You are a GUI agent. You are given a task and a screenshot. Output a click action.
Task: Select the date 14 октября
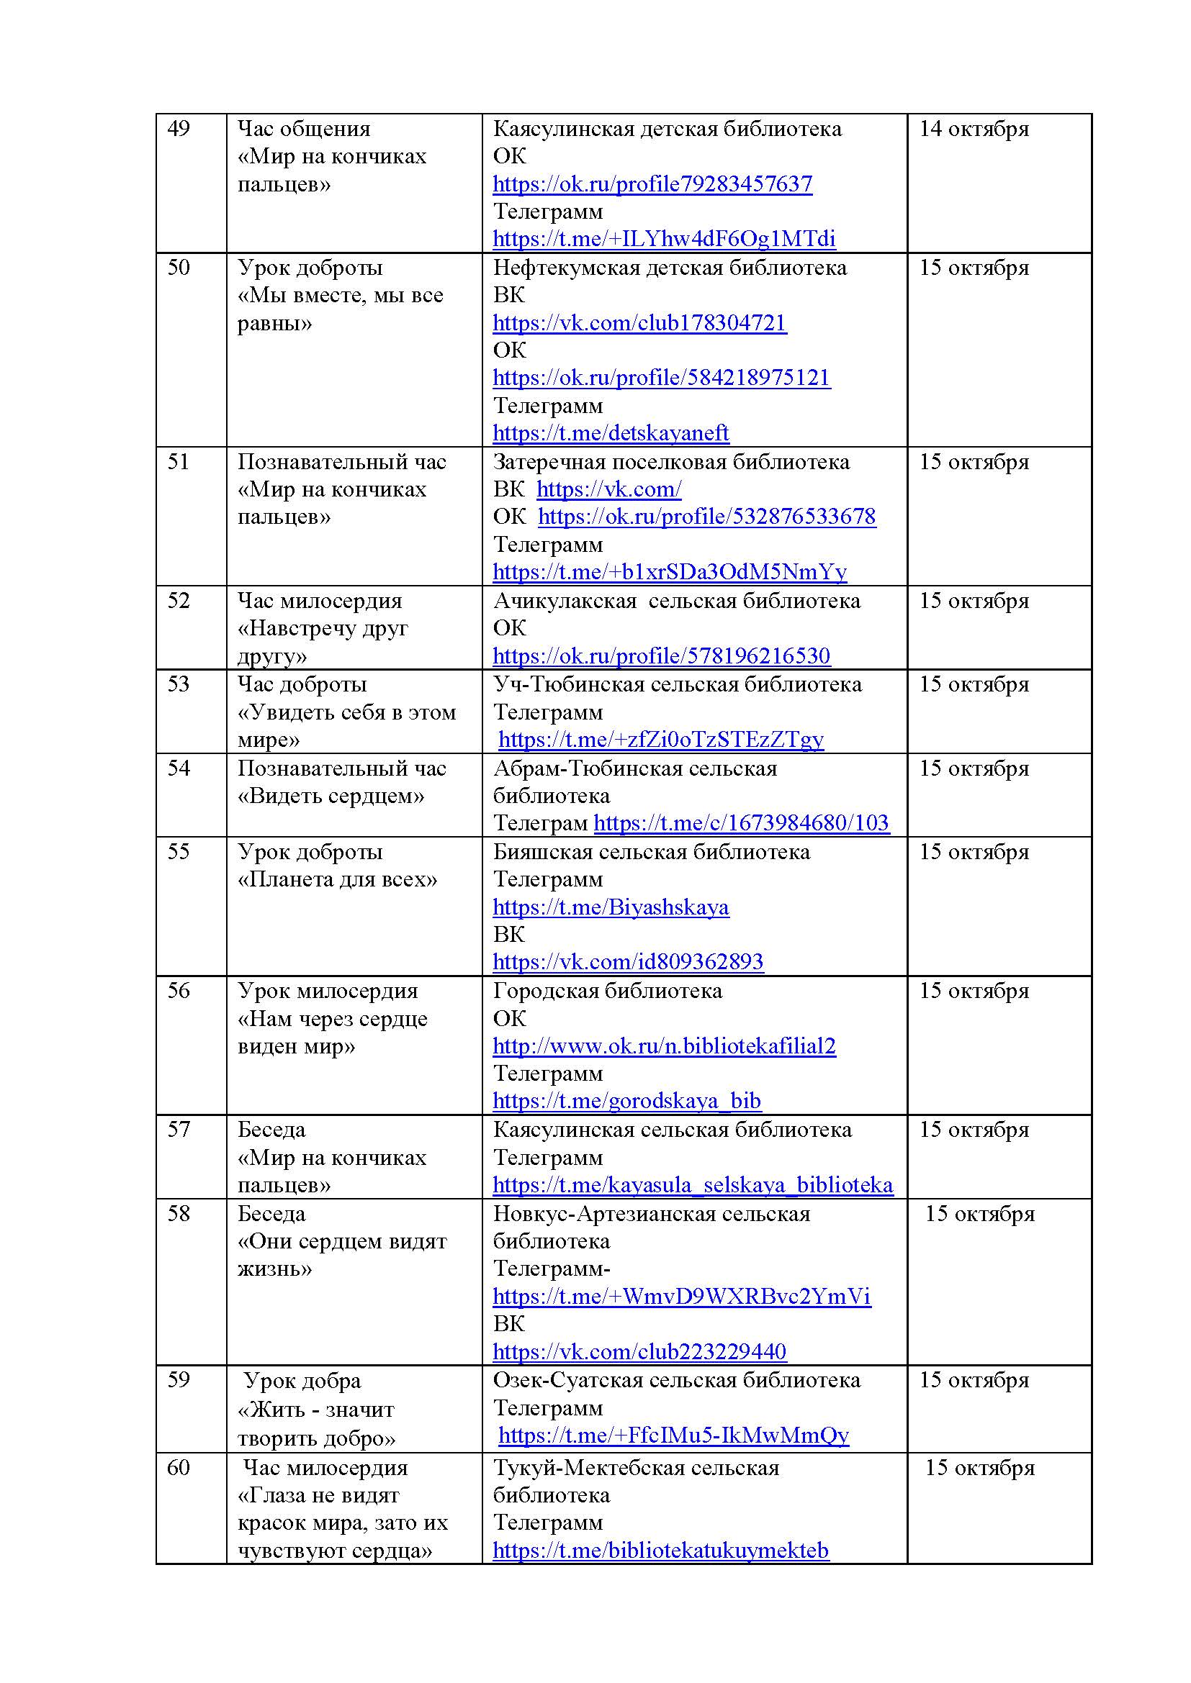(x=974, y=129)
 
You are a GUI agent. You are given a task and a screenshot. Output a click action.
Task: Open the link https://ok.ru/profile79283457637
(x=652, y=184)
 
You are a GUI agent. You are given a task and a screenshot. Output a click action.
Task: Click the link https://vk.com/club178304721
(x=639, y=323)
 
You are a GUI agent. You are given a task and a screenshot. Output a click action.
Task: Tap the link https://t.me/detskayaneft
(x=611, y=433)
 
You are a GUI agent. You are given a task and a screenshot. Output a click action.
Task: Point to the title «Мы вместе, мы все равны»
(x=341, y=309)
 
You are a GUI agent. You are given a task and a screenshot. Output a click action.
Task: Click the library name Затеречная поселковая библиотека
(x=671, y=462)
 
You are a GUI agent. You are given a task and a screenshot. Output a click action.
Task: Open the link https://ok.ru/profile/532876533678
(x=707, y=517)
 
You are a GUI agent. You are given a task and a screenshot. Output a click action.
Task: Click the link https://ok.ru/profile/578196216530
(x=661, y=655)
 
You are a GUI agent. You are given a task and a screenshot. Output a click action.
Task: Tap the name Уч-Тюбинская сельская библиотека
(x=677, y=684)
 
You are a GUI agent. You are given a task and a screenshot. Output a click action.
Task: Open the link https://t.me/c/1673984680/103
(x=742, y=823)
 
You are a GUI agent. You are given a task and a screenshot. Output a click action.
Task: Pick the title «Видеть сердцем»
(x=331, y=796)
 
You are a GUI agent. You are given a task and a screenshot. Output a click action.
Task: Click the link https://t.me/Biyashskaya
(x=611, y=907)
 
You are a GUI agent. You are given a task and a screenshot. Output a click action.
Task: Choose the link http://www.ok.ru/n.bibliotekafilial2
(x=664, y=1046)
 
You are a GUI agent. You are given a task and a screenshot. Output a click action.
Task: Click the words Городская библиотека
(x=607, y=991)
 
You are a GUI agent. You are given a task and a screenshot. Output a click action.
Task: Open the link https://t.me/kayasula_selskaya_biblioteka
(x=693, y=1185)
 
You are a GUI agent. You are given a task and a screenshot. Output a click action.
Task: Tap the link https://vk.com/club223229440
(x=639, y=1351)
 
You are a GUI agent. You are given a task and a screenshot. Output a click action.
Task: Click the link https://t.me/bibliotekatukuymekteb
(x=661, y=1551)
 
